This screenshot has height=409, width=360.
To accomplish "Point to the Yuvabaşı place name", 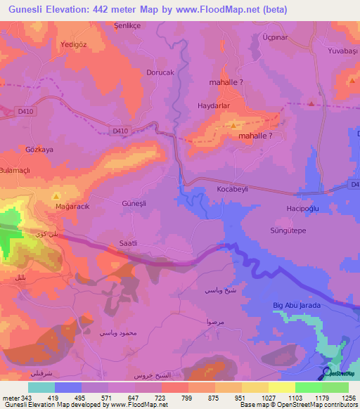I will (x=342, y=51).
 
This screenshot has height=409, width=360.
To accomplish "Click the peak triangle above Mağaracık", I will (x=56, y=196).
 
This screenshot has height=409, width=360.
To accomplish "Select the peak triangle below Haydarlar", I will (x=233, y=124).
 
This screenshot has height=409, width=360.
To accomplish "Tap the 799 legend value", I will (x=188, y=398).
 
